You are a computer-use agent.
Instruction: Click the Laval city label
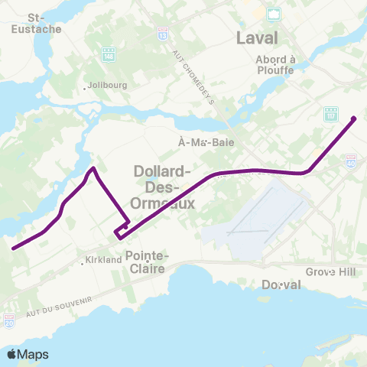[x=257, y=37]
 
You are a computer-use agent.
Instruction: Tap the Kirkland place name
[x=104, y=261]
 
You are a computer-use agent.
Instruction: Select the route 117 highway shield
[x=329, y=112]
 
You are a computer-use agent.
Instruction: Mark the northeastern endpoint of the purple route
[x=353, y=118]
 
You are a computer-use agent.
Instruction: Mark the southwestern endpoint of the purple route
[x=13, y=248]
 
